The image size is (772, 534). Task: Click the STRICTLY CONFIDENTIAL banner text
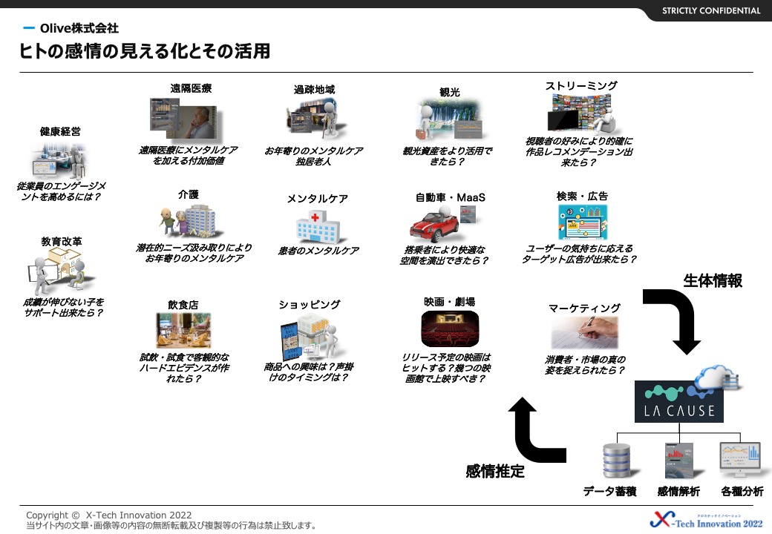710,10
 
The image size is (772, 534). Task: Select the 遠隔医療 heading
191,88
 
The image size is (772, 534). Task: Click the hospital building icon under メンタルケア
317,225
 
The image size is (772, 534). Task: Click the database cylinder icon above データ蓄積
616,461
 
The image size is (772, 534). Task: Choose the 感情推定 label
495,471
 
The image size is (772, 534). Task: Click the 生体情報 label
713,280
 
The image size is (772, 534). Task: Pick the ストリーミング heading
581,86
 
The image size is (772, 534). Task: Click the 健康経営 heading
60,131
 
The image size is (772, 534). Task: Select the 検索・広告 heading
582,197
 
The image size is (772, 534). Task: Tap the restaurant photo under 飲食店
183,330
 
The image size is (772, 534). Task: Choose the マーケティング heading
584,308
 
